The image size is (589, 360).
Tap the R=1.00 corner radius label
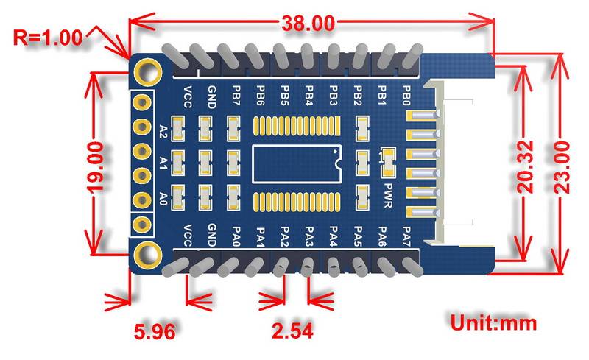(x=48, y=37)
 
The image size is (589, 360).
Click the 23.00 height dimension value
(x=563, y=168)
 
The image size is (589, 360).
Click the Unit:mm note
(x=494, y=322)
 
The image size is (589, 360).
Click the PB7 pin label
(x=235, y=96)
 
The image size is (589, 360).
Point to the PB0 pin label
(x=406, y=96)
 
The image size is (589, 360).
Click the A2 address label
(x=163, y=132)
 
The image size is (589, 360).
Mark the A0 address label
(x=163, y=197)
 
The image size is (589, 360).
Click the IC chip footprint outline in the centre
(x=297, y=163)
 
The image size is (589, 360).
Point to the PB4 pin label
(x=308, y=96)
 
